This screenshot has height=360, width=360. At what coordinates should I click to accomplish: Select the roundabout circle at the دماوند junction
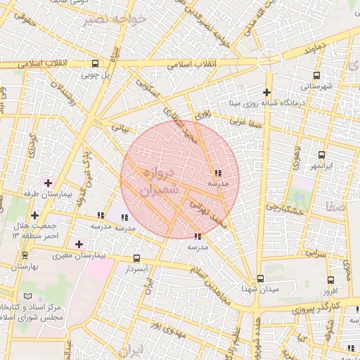(x=269, y=60)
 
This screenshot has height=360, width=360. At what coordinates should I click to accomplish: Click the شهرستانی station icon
(x=316, y=75)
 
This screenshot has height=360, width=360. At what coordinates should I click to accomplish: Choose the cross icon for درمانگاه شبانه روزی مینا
(x=266, y=92)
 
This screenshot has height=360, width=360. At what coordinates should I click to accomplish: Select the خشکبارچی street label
(x=284, y=210)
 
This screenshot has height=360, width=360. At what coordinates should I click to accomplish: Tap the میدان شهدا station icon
(x=260, y=278)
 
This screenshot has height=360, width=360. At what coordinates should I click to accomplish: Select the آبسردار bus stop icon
(x=136, y=258)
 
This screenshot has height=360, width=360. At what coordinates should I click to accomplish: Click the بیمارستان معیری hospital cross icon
(x=79, y=244)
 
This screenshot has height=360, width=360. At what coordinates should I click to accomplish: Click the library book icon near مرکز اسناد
(x=27, y=297)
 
